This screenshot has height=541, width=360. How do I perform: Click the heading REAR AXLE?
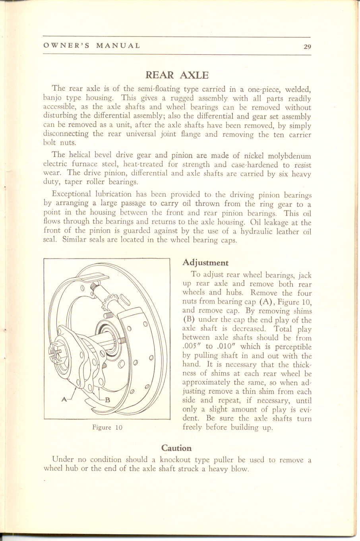click(x=177, y=75)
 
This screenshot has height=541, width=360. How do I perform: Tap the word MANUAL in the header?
click(x=118, y=45)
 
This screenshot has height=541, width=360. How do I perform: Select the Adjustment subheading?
click(x=205, y=263)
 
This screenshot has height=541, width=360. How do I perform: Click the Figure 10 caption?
click(x=106, y=428)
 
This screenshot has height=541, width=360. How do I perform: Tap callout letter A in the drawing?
click(x=64, y=399)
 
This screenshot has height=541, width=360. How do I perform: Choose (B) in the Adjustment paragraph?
click(x=188, y=320)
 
